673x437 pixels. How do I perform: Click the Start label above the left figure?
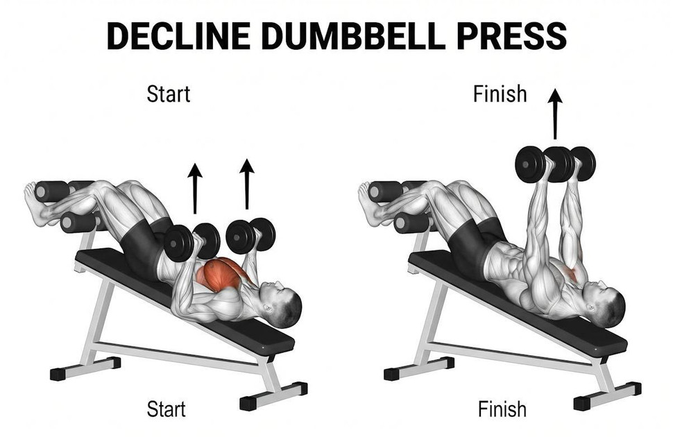coord(168,94)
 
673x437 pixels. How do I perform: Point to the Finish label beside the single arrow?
coord(500,94)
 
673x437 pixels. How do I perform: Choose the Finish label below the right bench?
coord(502,409)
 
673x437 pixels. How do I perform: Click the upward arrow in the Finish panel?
coord(554,114)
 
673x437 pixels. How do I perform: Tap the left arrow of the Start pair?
coord(195,187)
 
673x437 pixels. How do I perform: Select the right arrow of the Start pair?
coord(246,183)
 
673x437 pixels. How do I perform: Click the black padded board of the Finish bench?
coord(527,305)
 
